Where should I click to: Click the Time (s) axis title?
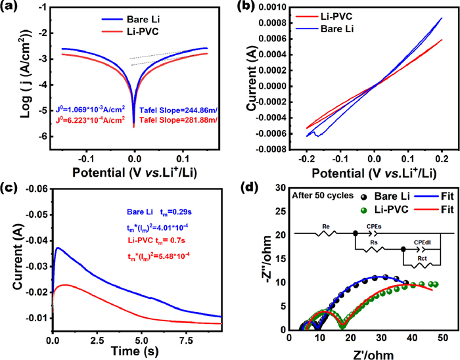tap(136, 353)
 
